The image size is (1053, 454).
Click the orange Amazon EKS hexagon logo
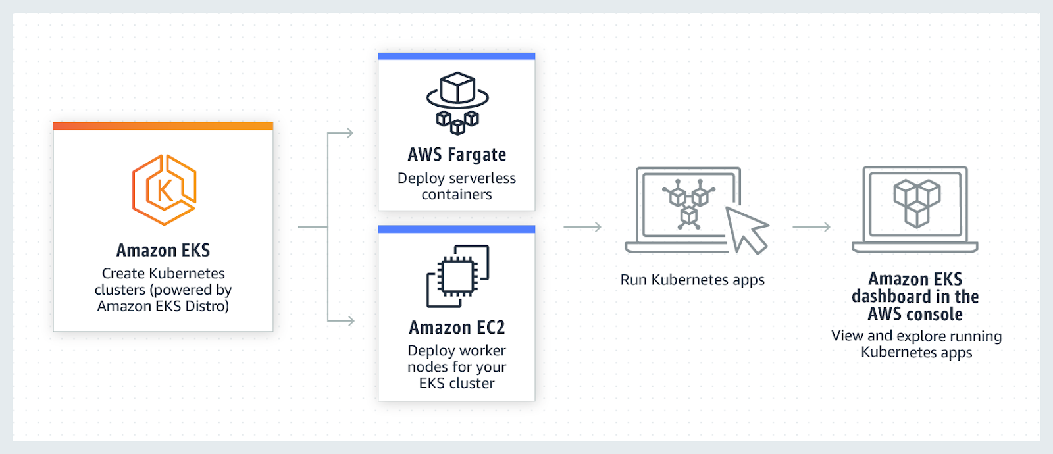pyautogui.click(x=164, y=190)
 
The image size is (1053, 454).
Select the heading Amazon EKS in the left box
pyautogui.click(x=163, y=251)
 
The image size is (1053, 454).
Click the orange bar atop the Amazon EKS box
pyautogui.click(x=163, y=126)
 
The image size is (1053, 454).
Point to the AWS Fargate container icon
pyautogui.click(x=457, y=102)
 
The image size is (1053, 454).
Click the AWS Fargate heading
pyautogui.click(x=457, y=155)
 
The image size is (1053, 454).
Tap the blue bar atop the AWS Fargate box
pyautogui.click(x=457, y=57)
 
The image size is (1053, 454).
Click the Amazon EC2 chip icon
pyautogui.click(x=457, y=276)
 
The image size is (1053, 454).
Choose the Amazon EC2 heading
pyautogui.click(x=457, y=328)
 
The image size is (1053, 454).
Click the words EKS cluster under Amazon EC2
pyautogui.click(x=457, y=384)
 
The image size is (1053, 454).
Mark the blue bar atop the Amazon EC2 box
pyautogui.click(x=457, y=229)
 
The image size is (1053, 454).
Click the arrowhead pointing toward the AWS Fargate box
pyautogui.click(x=349, y=133)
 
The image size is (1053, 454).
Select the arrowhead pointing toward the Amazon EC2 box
pyautogui.click(x=349, y=321)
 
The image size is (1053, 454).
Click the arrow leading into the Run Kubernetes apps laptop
pyautogui.click(x=583, y=227)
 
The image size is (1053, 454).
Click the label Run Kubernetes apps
pyautogui.click(x=692, y=280)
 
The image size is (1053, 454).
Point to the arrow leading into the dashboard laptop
pyautogui.click(x=812, y=227)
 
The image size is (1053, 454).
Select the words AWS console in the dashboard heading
pyautogui.click(x=915, y=315)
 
